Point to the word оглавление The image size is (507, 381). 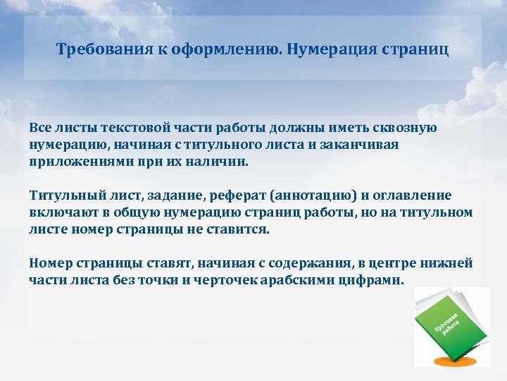point(414,195)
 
